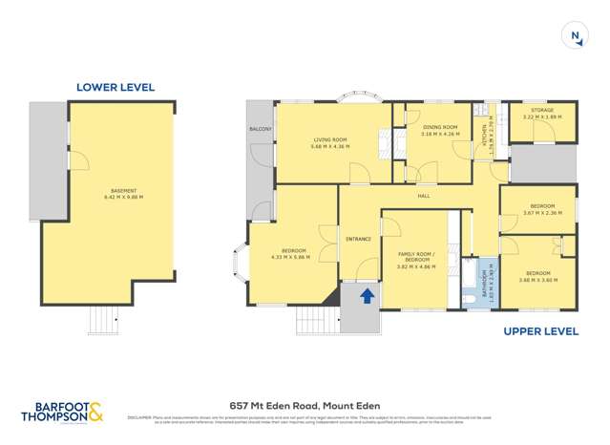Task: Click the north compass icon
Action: click(x=575, y=36)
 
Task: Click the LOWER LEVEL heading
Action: click(x=115, y=87)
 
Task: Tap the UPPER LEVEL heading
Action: click(x=540, y=331)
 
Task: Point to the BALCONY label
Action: click(x=261, y=129)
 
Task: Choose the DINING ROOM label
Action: click(x=439, y=130)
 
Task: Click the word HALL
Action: click(x=423, y=196)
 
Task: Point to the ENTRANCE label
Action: click(x=358, y=239)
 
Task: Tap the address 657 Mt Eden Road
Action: click(x=305, y=405)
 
